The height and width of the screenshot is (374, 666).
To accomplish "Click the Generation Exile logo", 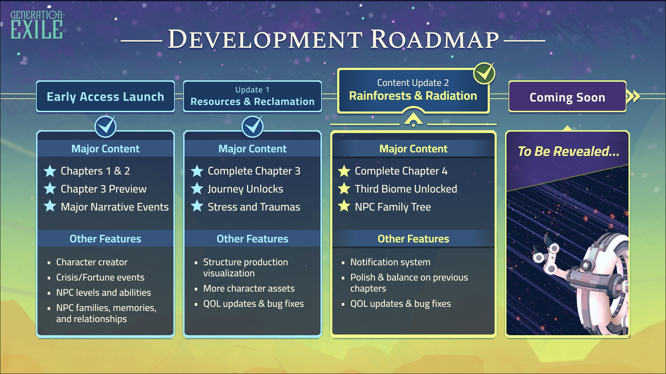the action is (x=37, y=25).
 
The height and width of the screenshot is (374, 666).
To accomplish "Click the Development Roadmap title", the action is (x=333, y=39).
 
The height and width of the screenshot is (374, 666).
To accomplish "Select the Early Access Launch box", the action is (x=105, y=97).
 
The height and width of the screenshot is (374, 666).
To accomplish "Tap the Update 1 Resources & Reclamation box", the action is (x=253, y=97).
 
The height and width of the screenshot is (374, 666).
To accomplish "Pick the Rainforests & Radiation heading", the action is (x=413, y=96).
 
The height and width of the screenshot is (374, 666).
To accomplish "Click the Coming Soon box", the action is (x=567, y=97).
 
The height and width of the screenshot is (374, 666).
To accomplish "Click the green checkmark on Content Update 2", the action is (x=484, y=73).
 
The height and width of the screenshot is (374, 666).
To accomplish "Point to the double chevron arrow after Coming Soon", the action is (x=633, y=96).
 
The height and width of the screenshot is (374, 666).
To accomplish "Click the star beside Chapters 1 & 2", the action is (x=50, y=171).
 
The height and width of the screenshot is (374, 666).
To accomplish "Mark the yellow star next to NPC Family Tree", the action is (x=344, y=206).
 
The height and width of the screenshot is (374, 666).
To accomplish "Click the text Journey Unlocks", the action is (x=245, y=189).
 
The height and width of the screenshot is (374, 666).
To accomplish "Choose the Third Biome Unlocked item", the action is (x=406, y=189).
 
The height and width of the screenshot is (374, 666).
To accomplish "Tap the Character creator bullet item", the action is (x=92, y=262).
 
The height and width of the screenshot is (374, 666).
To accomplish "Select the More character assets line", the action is (x=249, y=288).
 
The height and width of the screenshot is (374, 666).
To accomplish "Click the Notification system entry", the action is (x=390, y=262).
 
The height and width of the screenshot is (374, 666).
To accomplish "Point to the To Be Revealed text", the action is (x=568, y=151).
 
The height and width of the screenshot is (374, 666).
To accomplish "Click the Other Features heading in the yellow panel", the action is (x=413, y=239).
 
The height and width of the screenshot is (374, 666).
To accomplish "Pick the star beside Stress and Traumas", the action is (x=197, y=206).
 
